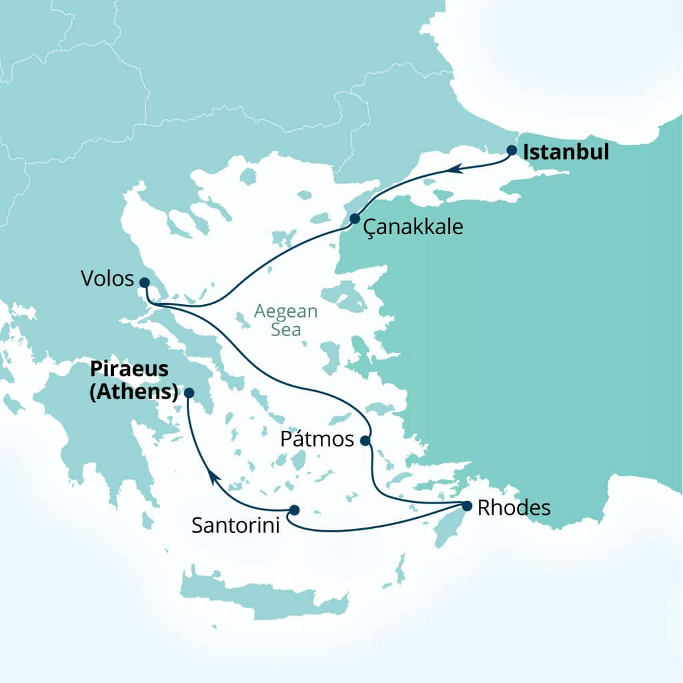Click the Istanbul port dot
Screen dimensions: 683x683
512,150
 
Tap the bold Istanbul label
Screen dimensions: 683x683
566,152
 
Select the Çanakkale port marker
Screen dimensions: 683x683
355,219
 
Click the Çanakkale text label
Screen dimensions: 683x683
414,227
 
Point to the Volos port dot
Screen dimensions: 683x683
144,282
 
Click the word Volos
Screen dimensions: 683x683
107,279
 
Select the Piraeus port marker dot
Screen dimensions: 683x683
189,393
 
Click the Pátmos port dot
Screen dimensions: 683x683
365,440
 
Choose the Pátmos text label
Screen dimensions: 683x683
317,440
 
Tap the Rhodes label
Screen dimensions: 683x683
514,508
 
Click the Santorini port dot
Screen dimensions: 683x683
293,510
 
